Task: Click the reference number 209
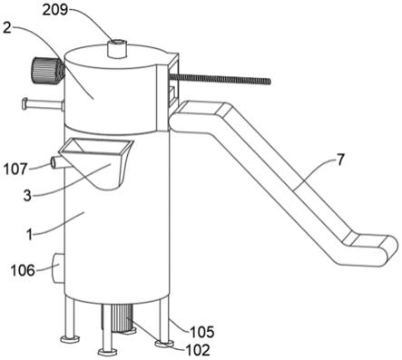pos(54,10)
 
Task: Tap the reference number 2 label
pos(7,28)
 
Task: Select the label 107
pos(15,169)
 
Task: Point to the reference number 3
pos(27,196)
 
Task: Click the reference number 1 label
pos(29,235)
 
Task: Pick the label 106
pos(23,270)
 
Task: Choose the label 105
pos(202,332)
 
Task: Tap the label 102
pos(198,350)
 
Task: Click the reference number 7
pos(340,160)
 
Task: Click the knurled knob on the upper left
pos(46,71)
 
